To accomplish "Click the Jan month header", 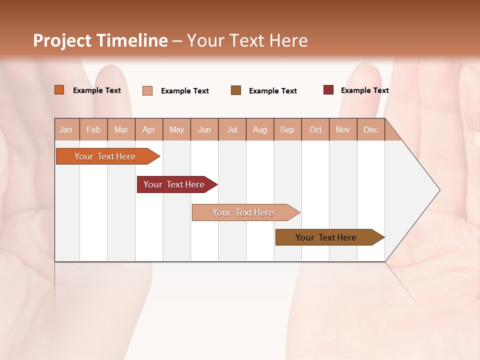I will [x=66, y=129].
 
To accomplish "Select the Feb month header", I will [x=93, y=129].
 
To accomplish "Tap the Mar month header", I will [x=121, y=129].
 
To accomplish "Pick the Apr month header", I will [x=149, y=129].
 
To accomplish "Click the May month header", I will [x=176, y=129].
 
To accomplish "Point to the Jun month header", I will [x=204, y=129].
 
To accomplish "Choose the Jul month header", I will [x=232, y=129].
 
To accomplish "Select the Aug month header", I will [x=260, y=129].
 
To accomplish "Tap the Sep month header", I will [x=287, y=129].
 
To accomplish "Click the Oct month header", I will [x=315, y=129].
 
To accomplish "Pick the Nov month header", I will [x=343, y=129].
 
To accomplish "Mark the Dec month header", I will [x=371, y=129].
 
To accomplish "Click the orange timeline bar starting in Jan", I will [x=105, y=156].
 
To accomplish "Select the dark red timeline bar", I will [x=174, y=184].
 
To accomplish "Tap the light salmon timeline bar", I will [x=243, y=212].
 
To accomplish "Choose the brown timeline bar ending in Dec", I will [x=326, y=237].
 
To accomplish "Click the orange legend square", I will [x=59, y=90].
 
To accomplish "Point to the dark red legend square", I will [x=328, y=90].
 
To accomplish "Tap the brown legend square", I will [x=236, y=90].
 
